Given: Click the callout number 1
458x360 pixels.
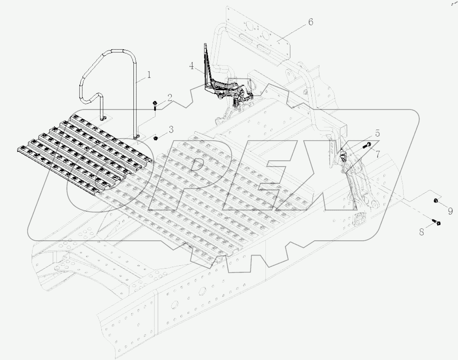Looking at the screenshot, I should coord(149,75).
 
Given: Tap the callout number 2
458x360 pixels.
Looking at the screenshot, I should coord(170,97).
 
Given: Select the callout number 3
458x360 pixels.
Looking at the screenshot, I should coord(171,130).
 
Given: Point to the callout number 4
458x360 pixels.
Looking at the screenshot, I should coord(191,66).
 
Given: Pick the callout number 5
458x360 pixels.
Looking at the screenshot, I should coord(377,133).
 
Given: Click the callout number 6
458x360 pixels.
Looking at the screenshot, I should coord(310,22).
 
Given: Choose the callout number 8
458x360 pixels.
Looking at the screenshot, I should coord(422,232).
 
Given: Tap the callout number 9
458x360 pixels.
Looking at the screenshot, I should coord(450,211).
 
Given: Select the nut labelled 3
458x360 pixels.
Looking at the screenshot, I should coord(156,138).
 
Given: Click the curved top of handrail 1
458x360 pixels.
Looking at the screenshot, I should coord(118,52).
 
